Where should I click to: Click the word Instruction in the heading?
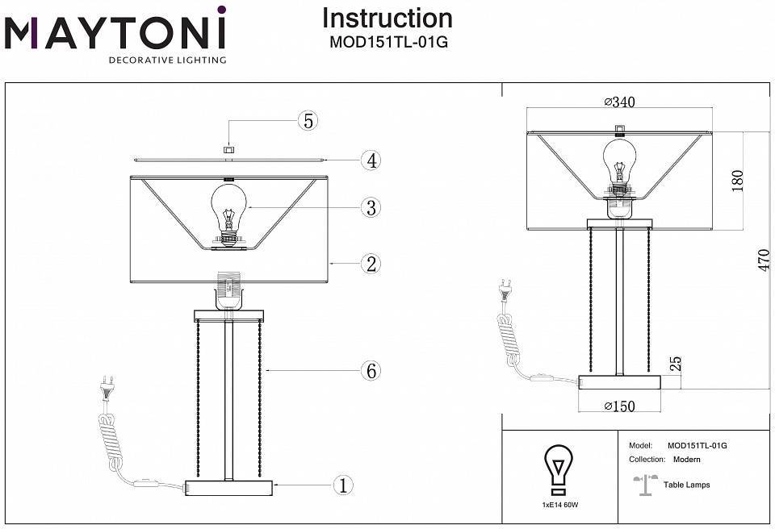(x=387, y=18)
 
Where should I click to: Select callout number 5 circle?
(x=307, y=122)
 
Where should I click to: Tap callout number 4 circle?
(x=370, y=160)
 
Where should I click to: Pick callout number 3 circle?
(x=370, y=208)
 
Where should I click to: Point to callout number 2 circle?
(x=370, y=264)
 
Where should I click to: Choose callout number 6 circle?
(x=370, y=371)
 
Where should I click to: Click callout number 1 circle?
(x=343, y=485)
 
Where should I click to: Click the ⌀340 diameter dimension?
(x=619, y=102)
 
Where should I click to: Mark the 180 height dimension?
(x=736, y=180)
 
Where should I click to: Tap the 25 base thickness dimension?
(x=677, y=364)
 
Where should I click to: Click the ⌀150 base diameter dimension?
(x=619, y=406)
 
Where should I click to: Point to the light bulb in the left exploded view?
(x=228, y=212)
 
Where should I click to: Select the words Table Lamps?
(x=686, y=485)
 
